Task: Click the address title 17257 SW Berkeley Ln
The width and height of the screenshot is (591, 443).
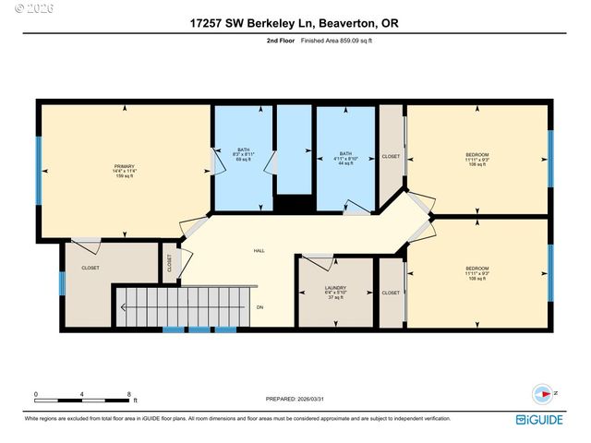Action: point(295,22)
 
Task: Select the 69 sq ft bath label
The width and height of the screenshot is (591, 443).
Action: point(244,154)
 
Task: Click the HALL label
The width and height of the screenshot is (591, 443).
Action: point(260,251)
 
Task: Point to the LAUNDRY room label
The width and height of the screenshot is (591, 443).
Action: point(334,293)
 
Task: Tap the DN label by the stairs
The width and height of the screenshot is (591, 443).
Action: point(260,307)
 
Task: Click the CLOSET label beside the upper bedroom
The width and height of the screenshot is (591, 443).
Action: point(391,157)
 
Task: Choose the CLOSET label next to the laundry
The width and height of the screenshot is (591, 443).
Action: point(391,293)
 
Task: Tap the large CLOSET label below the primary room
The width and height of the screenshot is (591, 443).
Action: point(90,268)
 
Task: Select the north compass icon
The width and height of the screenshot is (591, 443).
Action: point(544,392)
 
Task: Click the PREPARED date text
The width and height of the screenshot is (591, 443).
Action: point(295,399)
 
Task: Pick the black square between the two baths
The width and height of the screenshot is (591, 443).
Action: point(294,205)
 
